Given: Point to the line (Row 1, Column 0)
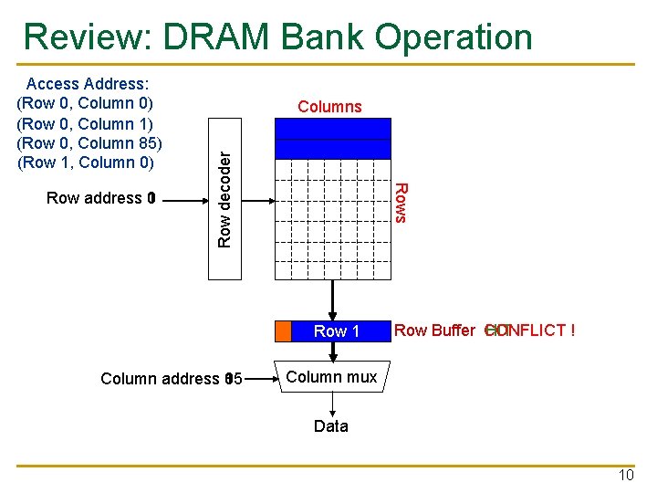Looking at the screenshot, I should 85,163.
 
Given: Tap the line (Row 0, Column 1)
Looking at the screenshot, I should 85,123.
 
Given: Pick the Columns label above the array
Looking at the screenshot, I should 329,107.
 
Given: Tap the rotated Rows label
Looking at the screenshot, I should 399,202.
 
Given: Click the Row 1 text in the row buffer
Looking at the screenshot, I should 337,331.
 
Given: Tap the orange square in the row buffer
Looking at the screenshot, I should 283,330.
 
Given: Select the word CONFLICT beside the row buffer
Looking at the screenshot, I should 534,330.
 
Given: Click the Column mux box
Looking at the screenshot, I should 331,377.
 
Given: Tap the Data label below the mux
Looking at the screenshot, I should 330,426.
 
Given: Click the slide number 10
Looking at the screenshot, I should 626,476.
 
